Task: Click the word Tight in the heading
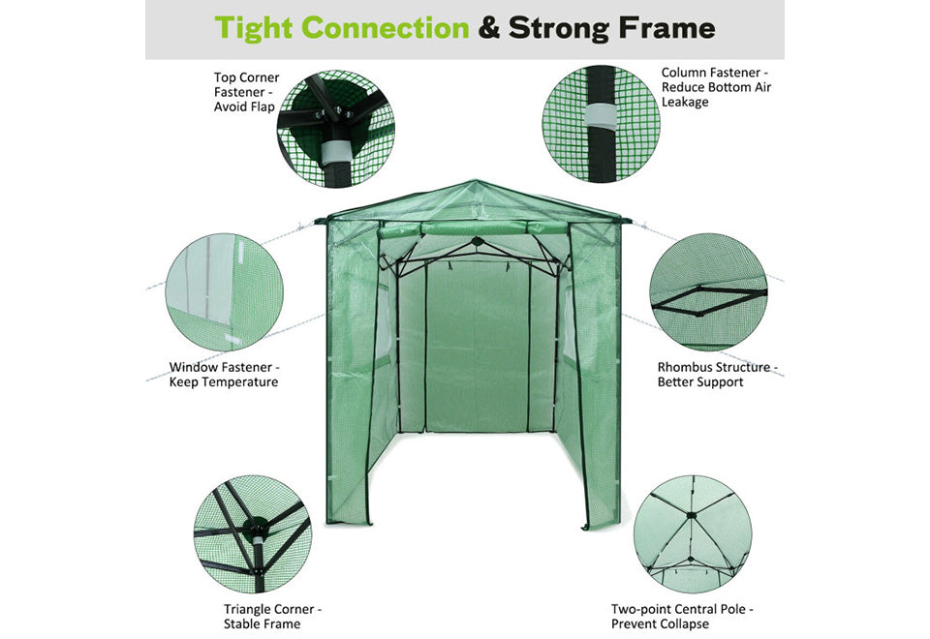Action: [x=253, y=28]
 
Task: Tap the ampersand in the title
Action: [x=488, y=28]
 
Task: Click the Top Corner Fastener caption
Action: [x=246, y=92]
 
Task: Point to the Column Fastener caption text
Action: [x=716, y=87]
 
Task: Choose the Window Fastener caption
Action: [x=224, y=375]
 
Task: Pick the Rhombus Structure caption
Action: [x=717, y=375]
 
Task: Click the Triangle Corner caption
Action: [x=272, y=617]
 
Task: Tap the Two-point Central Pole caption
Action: [x=681, y=617]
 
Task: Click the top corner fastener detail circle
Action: [x=336, y=129]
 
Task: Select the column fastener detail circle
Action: [x=601, y=124]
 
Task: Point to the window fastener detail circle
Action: [x=224, y=291]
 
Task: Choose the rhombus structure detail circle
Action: [x=708, y=291]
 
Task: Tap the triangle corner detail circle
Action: [x=253, y=533]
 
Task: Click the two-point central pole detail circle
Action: [x=692, y=533]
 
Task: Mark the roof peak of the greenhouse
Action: [x=474, y=180]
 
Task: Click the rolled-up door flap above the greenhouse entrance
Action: [x=473, y=228]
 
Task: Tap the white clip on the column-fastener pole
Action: [x=601, y=116]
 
